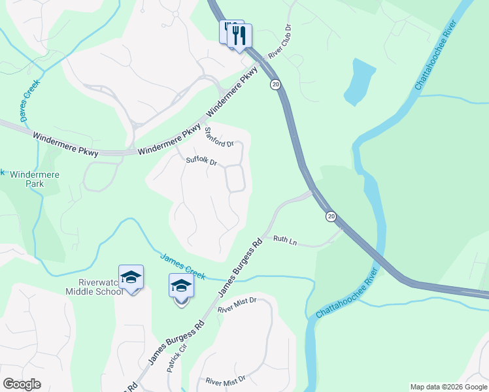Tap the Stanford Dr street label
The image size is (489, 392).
point(218,139)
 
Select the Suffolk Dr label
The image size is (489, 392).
point(201,160)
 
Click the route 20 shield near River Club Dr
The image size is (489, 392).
point(275,84)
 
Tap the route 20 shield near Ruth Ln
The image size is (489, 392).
point(331,216)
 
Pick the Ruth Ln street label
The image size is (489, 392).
point(285,241)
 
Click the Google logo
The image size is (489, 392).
point(22,384)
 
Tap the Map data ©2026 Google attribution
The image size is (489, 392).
point(448,387)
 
